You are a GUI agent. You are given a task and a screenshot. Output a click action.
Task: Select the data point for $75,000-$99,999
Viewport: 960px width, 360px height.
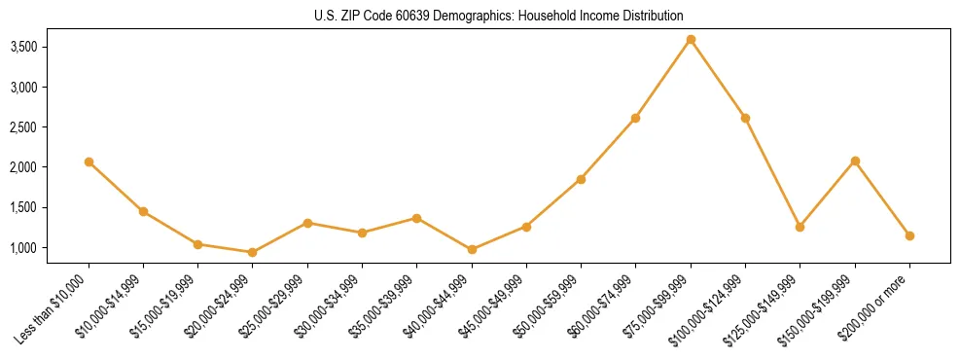[x=691, y=40]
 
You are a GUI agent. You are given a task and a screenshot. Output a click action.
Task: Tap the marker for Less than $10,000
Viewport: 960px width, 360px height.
[x=89, y=162]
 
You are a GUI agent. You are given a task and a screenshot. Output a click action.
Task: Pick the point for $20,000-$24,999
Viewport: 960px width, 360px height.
[x=253, y=252]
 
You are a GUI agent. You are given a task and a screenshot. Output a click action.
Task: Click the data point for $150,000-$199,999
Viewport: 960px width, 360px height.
[x=855, y=161]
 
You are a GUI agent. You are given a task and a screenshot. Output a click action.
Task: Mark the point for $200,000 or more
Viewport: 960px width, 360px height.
[x=909, y=235]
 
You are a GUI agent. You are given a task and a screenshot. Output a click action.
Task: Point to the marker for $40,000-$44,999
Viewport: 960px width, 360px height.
[x=472, y=249]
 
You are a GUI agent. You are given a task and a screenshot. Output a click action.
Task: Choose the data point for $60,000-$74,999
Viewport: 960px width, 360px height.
[x=636, y=118]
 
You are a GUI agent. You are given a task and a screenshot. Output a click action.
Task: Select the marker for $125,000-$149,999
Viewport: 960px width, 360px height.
[x=800, y=227]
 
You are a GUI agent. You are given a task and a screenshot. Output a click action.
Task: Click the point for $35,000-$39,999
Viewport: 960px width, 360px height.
[x=417, y=218]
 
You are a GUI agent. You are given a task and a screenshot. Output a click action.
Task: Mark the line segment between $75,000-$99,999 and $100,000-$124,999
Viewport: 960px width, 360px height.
[x=718, y=79]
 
